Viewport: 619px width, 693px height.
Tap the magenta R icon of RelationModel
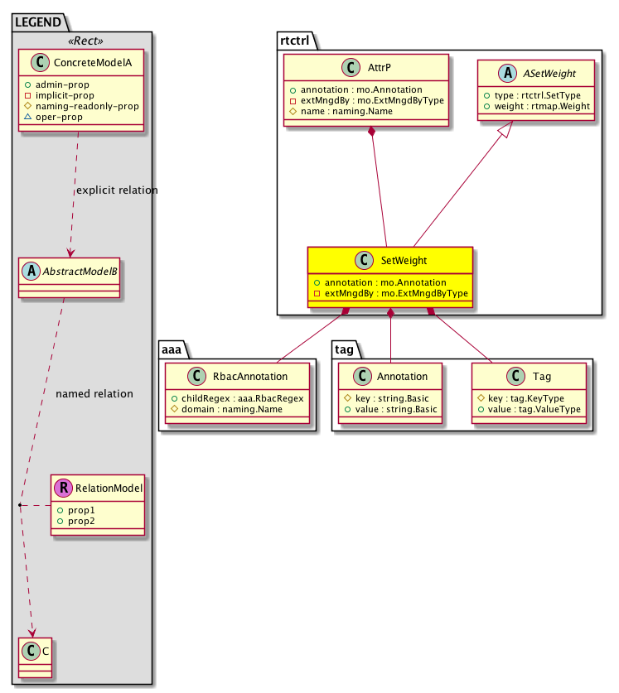tap(64, 488)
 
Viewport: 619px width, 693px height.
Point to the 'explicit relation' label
tap(117, 190)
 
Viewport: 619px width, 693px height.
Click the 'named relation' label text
tap(94, 394)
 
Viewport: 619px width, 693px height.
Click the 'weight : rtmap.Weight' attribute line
tap(540, 108)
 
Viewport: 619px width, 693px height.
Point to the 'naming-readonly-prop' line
tap(94, 106)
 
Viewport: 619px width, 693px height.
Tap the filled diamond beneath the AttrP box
tap(373, 132)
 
